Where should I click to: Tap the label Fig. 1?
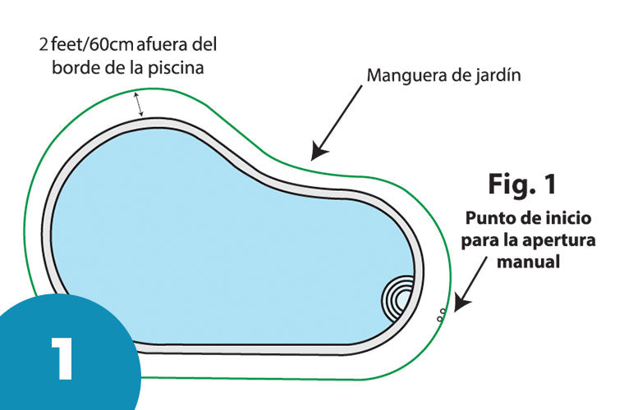522,183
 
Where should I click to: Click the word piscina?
174,67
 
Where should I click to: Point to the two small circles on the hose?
441,312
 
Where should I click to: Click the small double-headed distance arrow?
140,104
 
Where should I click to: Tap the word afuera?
165,44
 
